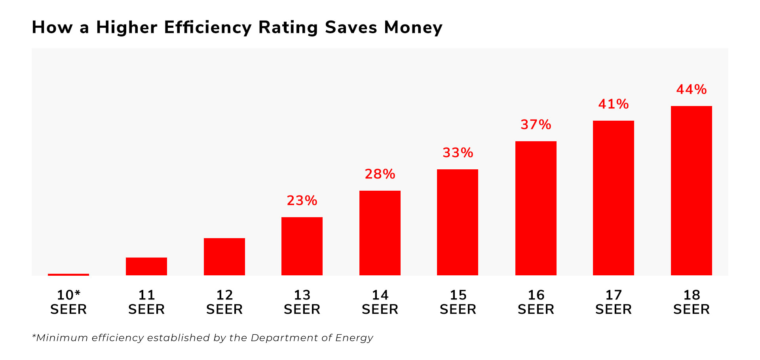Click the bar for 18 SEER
point(691,190)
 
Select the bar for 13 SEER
point(302,246)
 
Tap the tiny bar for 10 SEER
point(68,275)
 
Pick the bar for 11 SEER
point(146,266)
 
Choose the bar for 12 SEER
point(224,257)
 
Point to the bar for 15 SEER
point(458,222)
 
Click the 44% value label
point(691,89)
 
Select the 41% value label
point(613,104)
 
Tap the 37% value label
point(536,125)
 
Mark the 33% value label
point(458,153)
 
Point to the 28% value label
point(380,174)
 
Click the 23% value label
point(302,201)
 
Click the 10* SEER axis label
point(68,302)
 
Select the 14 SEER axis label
point(380,302)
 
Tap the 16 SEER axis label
point(536,302)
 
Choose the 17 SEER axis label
point(614,302)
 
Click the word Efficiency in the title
point(207,28)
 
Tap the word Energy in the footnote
point(354,338)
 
